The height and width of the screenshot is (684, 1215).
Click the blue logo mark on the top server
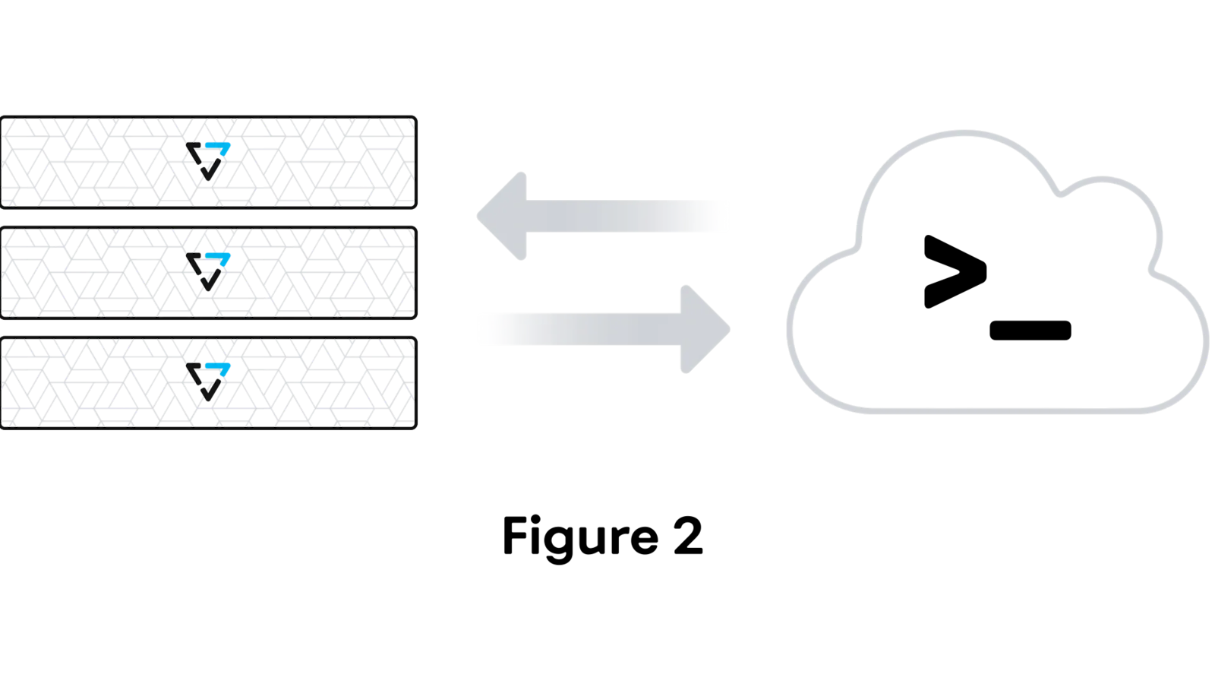[x=219, y=147]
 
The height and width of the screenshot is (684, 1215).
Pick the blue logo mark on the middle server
[x=219, y=258]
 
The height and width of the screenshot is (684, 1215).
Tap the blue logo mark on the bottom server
[x=219, y=369]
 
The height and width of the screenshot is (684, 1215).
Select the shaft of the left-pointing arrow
[x=623, y=216]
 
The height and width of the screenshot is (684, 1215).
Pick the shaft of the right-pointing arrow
[x=585, y=329]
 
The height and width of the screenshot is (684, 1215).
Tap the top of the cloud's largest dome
[x=964, y=133]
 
